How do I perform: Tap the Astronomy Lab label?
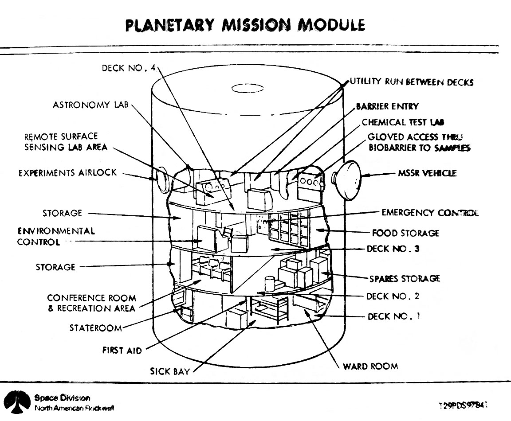pos(90,105)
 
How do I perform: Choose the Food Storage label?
pos(405,233)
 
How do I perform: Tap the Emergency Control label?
pos(430,213)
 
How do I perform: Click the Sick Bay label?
pos(170,371)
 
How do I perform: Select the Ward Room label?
pos(370,366)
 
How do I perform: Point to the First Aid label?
pos(122,351)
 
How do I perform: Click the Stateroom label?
pos(95,328)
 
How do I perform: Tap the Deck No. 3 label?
pos(393,249)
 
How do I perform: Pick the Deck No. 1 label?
pos(393,317)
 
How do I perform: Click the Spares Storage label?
pos(405,279)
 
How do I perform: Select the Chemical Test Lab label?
pos(403,122)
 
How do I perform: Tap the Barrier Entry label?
pos(387,107)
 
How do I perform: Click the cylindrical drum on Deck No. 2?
pos(269,282)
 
